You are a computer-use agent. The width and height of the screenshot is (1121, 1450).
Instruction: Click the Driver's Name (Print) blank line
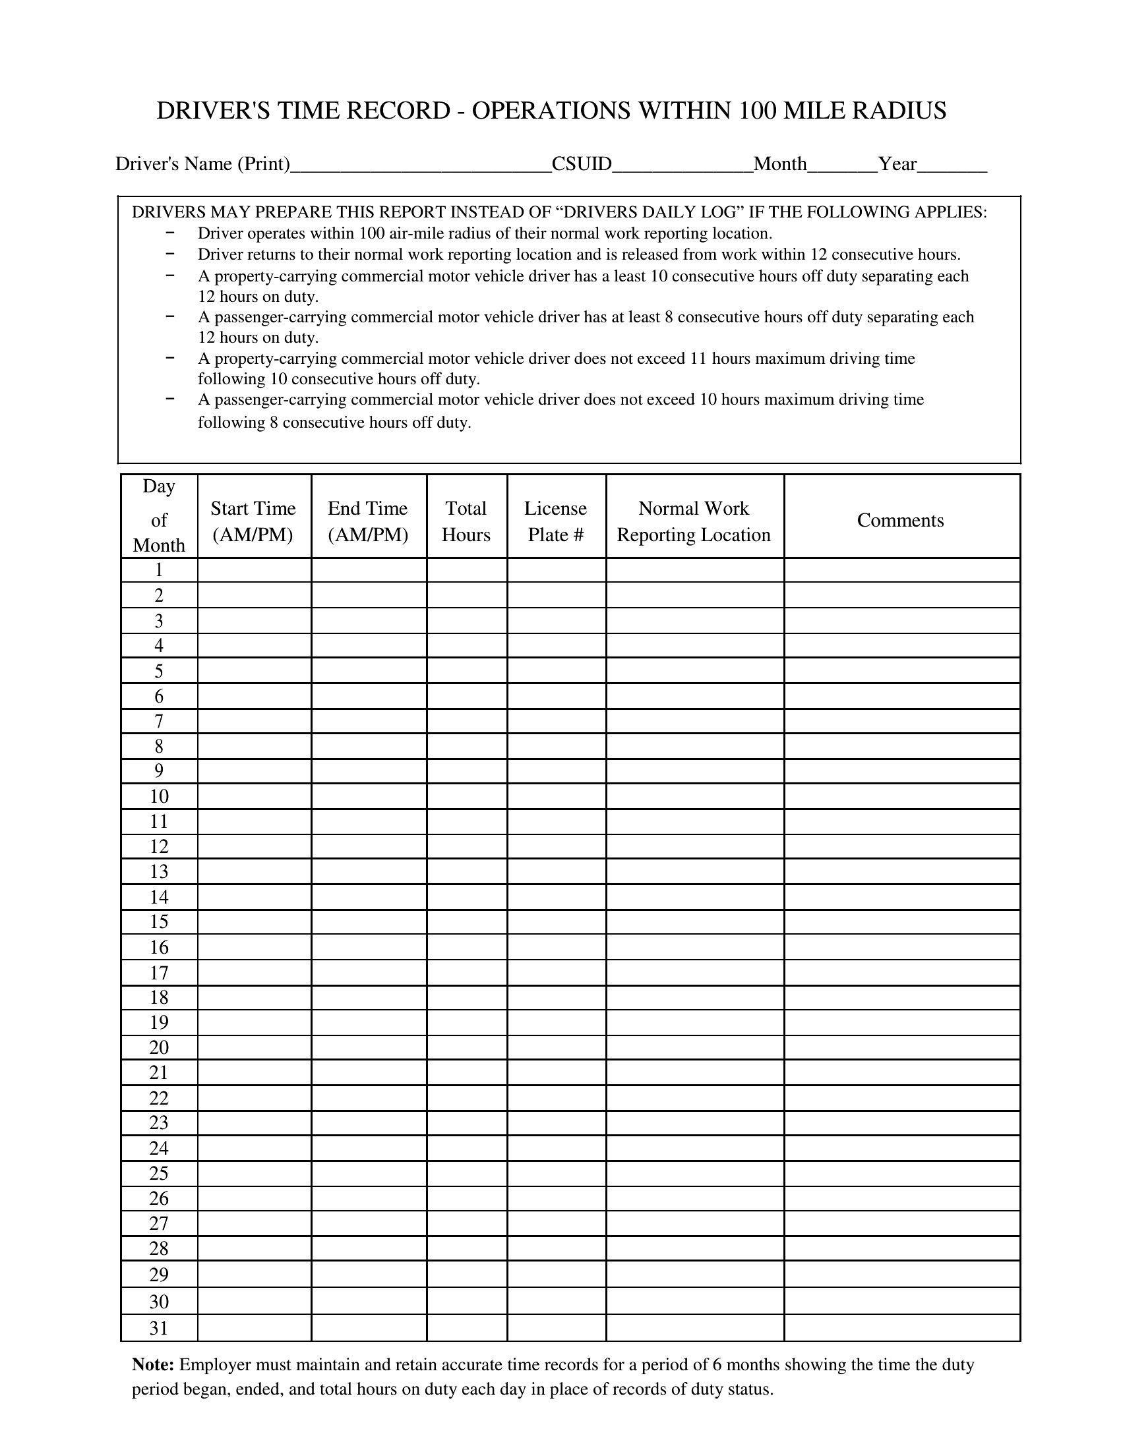[421, 166]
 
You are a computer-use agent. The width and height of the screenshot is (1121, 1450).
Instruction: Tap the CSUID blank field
[682, 166]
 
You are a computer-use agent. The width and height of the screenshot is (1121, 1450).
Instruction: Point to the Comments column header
[900, 520]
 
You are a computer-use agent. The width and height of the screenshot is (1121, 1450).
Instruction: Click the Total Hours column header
[466, 521]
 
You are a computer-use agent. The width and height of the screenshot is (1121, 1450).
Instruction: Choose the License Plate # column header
[556, 521]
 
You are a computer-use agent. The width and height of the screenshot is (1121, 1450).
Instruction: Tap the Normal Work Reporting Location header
[694, 521]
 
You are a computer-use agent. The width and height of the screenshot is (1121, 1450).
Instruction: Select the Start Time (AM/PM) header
[253, 521]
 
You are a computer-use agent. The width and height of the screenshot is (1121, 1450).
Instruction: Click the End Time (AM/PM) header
[368, 521]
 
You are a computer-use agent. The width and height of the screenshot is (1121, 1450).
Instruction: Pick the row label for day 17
[159, 973]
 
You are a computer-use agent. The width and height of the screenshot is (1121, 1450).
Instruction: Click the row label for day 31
[159, 1328]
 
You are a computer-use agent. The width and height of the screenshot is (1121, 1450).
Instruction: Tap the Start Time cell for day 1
[255, 570]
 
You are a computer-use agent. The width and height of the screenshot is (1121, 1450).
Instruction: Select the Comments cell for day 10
[901, 796]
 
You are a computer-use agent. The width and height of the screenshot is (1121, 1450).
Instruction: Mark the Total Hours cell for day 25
[467, 1173]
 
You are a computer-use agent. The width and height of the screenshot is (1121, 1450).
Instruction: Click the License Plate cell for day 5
[557, 670]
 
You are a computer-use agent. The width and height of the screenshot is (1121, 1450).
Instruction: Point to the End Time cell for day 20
[369, 1048]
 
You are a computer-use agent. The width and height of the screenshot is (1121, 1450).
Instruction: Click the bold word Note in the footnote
[153, 1365]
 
